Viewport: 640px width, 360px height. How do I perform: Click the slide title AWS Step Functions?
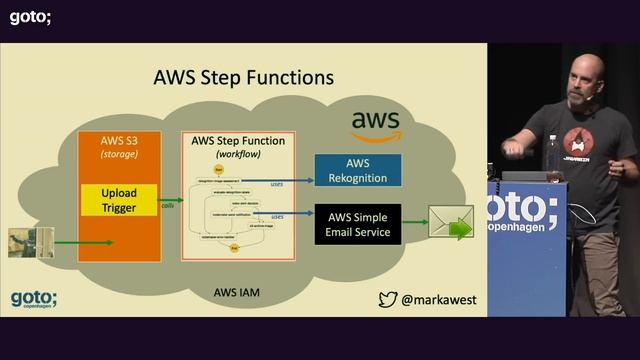click(x=243, y=77)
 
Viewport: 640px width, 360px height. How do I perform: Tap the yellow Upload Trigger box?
click(x=119, y=199)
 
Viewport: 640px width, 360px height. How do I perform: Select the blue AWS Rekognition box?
click(x=358, y=170)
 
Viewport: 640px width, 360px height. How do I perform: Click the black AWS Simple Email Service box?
click(x=358, y=224)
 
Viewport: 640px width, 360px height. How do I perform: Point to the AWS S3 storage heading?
click(x=119, y=147)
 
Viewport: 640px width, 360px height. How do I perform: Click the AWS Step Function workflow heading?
click(x=237, y=147)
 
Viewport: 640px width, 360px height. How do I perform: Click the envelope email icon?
click(x=451, y=222)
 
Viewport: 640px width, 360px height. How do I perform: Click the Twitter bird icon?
click(x=388, y=298)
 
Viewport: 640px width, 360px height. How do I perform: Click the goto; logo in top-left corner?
click(x=30, y=16)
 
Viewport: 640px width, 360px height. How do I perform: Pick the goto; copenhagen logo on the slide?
click(x=34, y=298)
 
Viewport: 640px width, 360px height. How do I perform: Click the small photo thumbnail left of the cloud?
click(x=31, y=243)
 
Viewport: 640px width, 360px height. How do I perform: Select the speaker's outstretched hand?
click(x=512, y=147)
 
